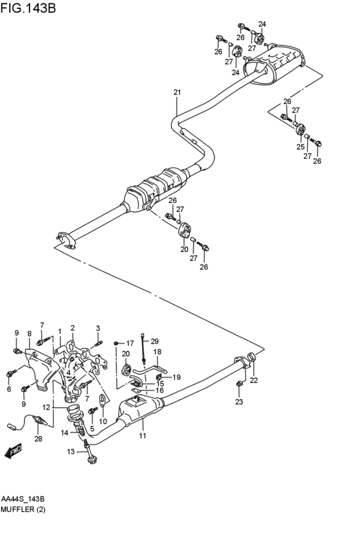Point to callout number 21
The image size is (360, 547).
click(x=177, y=93)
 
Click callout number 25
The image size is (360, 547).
click(x=300, y=147)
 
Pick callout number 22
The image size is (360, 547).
click(x=253, y=381)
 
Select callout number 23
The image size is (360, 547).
click(x=239, y=402)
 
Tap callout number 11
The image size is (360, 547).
click(x=143, y=436)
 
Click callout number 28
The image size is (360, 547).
click(x=38, y=439)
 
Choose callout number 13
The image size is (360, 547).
click(x=71, y=451)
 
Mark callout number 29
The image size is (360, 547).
click(x=154, y=341)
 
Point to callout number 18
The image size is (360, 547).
click(x=157, y=352)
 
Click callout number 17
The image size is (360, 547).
click(x=129, y=343)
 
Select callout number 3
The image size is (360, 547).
click(x=98, y=328)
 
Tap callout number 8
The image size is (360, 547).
click(x=29, y=333)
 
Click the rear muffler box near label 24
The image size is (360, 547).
click(x=276, y=64)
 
